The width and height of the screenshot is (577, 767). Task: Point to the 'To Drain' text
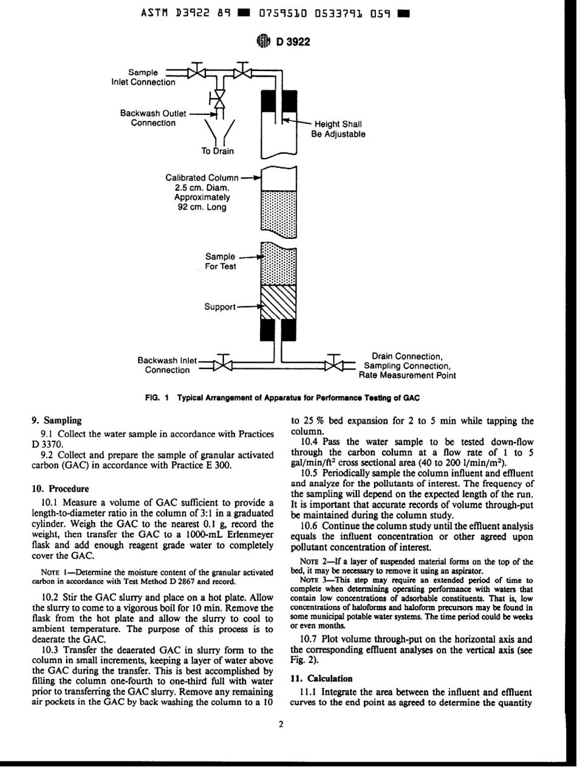[x=217, y=151]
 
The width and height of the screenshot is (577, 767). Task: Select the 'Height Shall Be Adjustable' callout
[x=338, y=129]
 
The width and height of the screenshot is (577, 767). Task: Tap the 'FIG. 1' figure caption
[x=288, y=397]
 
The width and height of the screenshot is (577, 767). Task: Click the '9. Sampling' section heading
[x=56, y=419]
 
